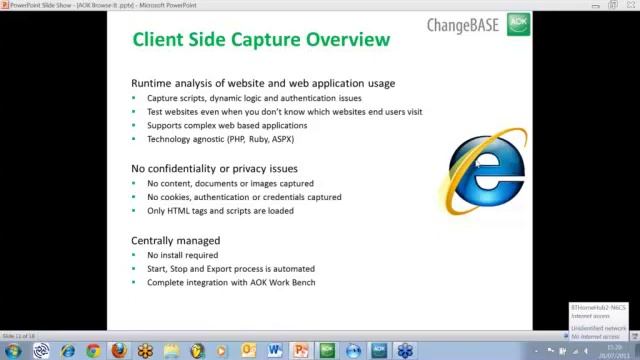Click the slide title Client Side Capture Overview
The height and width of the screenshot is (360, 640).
(x=261, y=40)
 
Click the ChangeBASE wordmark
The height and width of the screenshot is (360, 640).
(x=462, y=25)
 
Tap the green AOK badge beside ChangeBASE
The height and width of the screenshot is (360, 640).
(x=518, y=24)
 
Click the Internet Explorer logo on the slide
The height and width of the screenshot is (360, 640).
(x=486, y=171)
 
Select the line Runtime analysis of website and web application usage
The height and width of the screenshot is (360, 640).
(x=263, y=83)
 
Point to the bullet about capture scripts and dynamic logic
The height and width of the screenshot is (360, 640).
(x=254, y=98)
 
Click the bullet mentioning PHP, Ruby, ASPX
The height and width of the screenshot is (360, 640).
(x=220, y=140)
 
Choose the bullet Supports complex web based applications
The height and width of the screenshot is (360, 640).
(x=227, y=126)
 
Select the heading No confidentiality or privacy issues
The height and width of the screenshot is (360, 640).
(x=214, y=169)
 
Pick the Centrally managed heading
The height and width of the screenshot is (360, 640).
(x=175, y=241)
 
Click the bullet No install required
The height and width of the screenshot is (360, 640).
(x=182, y=255)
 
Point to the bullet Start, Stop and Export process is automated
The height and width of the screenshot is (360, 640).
(x=231, y=269)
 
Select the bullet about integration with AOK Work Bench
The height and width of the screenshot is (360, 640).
(x=231, y=283)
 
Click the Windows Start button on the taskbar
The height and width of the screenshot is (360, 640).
(x=12, y=351)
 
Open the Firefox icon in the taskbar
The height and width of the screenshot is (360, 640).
(x=119, y=351)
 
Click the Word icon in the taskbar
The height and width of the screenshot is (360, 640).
(x=275, y=351)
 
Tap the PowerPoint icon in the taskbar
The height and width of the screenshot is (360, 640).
(x=300, y=351)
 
